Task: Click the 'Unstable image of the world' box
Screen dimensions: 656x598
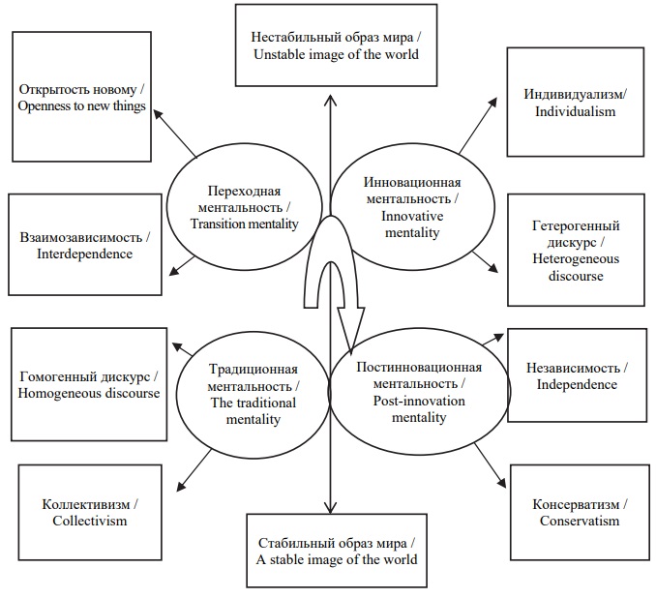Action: pos(336,45)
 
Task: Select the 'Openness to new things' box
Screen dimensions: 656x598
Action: pos(81,97)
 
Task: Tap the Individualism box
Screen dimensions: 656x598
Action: pos(576,103)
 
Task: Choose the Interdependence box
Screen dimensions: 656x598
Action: pos(85,245)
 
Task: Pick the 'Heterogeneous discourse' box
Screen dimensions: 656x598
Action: pos(576,250)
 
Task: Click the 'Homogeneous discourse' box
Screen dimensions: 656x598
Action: pos(89,384)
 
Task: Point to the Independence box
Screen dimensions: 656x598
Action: pos(577,374)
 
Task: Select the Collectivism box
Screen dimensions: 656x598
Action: pos(90,512)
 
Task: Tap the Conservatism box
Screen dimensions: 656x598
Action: pos(580,512)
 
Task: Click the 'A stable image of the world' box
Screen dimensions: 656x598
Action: pos(337,551)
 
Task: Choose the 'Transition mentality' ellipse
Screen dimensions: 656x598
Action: pos(245,207)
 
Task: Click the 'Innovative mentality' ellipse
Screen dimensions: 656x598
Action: pos(412,207)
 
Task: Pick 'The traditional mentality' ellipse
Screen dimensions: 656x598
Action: pos(253,394)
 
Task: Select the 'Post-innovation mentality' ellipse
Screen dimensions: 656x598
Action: pos(419,392)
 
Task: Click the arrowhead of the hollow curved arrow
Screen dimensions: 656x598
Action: pos(351,327)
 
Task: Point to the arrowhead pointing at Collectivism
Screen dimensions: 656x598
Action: pos(181,486)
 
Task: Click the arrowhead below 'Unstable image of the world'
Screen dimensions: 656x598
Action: pos(331,100)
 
